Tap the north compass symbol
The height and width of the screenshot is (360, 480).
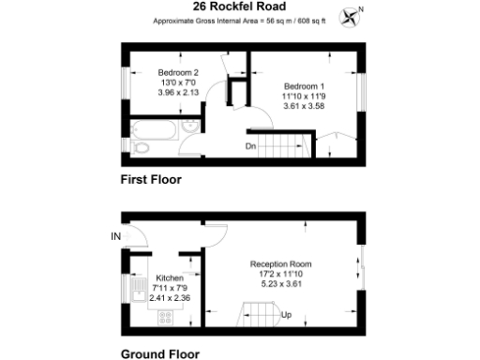point(352,14)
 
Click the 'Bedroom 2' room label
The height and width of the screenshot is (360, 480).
point(178,72)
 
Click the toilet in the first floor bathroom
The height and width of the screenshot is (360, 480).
point(141,147)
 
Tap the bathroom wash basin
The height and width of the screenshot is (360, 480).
point(190,128)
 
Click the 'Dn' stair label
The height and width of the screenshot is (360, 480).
point(251,146)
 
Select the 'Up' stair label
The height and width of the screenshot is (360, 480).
point(287,315)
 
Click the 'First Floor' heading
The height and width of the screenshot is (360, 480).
point(150,178)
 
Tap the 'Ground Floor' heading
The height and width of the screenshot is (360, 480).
point(159,354)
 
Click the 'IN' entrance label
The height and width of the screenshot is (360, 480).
point(116,235)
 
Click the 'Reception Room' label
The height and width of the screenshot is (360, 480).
point(280,264)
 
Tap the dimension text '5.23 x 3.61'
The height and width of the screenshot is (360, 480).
point(280,284)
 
